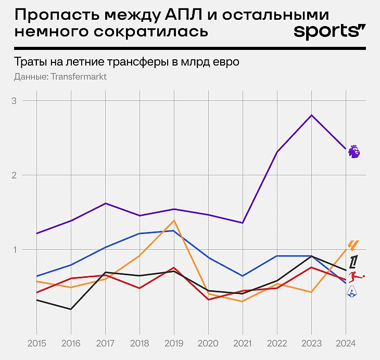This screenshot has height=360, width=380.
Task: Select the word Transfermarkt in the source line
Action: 78,77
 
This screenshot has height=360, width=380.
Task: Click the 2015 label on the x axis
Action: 36,344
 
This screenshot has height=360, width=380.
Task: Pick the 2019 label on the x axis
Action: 174,344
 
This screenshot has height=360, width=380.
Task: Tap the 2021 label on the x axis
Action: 243,344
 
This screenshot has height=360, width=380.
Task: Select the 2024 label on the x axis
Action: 346,344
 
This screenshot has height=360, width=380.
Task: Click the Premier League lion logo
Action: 354,152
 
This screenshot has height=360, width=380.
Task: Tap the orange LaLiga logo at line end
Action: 353,245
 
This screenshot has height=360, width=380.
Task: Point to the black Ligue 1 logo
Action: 353,262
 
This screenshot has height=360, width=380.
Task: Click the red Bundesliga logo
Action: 355,277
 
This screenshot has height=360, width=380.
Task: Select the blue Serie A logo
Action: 352,292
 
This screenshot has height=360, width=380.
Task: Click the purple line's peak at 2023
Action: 311,115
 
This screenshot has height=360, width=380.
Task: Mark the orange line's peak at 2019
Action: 174,221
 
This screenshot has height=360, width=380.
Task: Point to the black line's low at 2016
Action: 71,310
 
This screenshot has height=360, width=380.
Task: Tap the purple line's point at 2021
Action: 243,223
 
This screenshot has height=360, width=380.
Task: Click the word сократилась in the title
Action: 151,31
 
